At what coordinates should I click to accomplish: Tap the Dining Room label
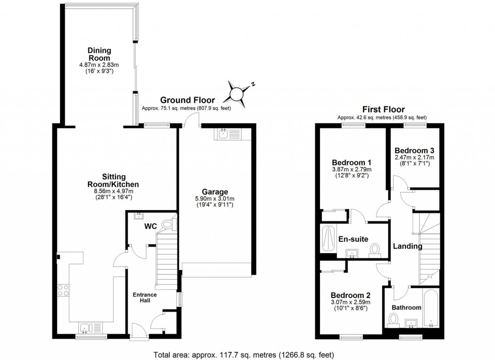99,54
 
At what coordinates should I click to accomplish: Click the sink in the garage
224,134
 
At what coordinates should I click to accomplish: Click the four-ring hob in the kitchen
63,290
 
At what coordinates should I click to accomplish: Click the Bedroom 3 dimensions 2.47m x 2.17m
414,157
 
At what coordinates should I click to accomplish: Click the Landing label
408,246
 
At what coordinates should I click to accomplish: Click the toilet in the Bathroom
393,319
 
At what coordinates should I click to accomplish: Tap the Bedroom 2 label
350,295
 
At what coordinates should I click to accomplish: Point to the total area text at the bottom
243,354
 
